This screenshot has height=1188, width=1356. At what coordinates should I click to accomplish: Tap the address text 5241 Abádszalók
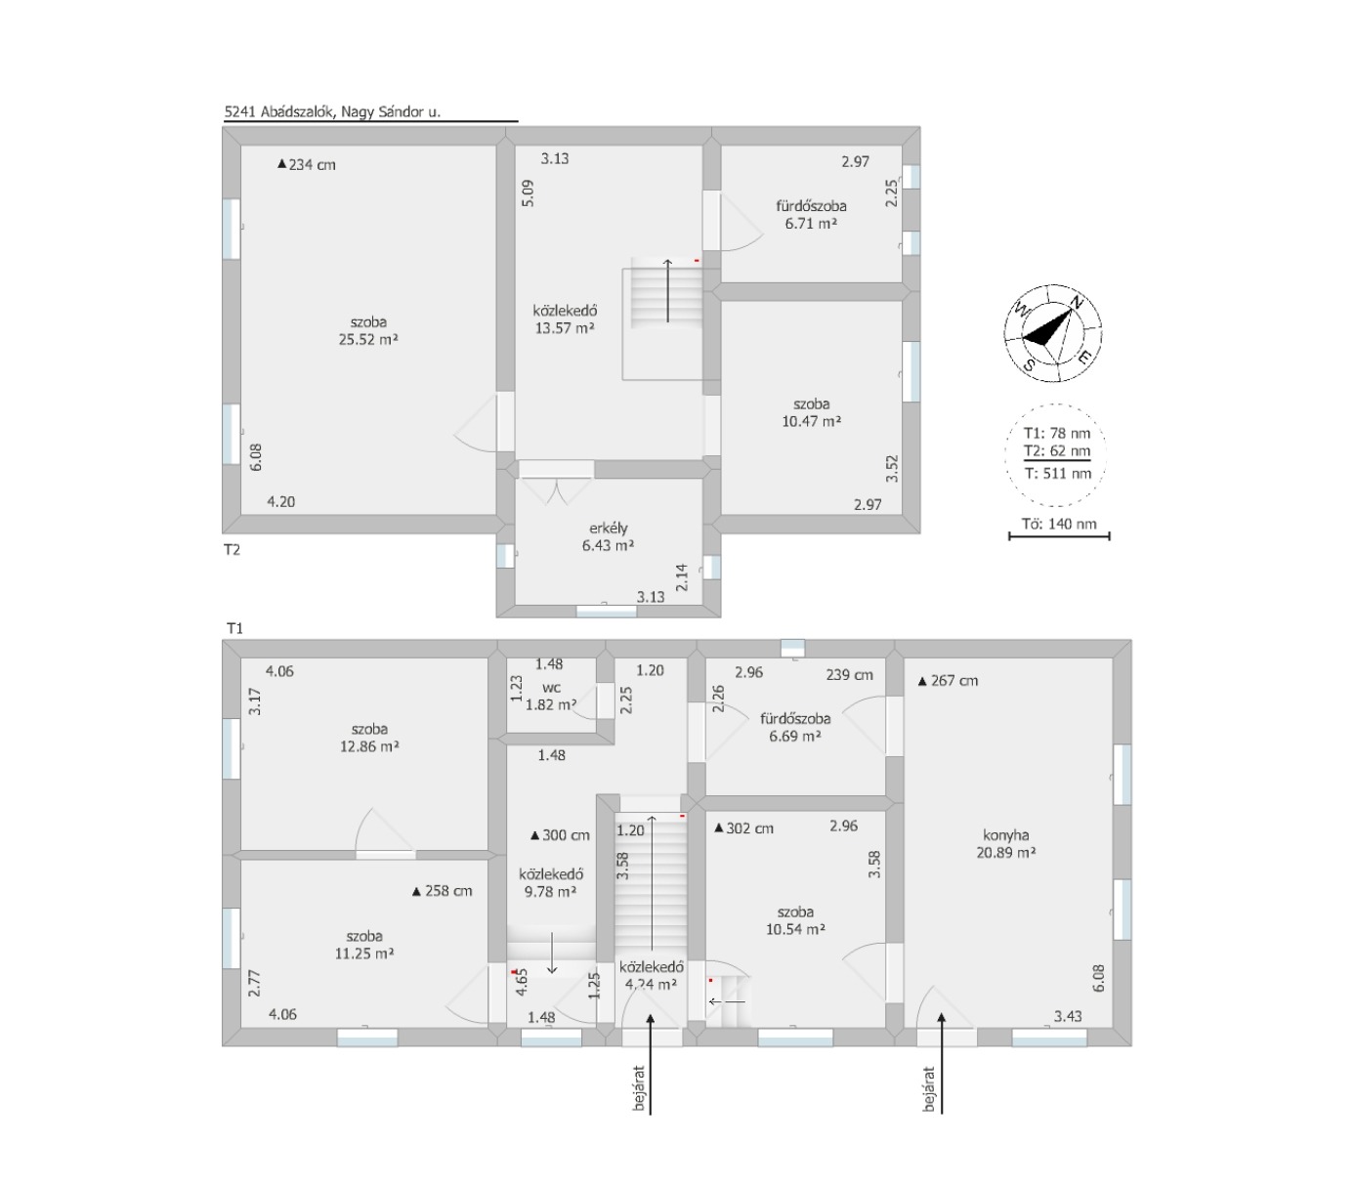(278, 111)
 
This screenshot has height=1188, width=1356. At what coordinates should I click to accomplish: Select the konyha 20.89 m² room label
(1006, 843)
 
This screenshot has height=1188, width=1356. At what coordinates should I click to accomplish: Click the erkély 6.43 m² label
(608, 536)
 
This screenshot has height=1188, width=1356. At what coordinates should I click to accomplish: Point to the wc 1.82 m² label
(551, 696)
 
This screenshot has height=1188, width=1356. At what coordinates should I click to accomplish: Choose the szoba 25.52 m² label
(368, 330)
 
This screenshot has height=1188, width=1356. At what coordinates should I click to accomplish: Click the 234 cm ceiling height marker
(307, 165)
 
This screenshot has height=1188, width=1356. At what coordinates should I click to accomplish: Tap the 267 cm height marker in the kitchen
(948, 681)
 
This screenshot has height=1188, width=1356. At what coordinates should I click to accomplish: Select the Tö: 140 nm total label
(1059, 524)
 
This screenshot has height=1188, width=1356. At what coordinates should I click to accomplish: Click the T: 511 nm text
(1057, 473)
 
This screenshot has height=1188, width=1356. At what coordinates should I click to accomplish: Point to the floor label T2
(232, 549)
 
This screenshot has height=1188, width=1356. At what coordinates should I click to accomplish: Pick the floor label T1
(234, 628)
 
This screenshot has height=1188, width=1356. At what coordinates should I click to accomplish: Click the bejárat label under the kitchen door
(928, 1089)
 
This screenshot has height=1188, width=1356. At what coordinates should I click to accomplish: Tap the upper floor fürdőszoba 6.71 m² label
(811, 214)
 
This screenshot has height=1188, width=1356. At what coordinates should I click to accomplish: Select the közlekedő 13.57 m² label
(565, 319)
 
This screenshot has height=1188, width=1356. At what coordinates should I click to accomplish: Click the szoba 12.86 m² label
(369, 737)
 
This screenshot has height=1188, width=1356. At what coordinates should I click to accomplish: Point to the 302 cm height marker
(743, 827)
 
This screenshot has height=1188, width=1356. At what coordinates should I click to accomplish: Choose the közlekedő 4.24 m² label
(652, 975)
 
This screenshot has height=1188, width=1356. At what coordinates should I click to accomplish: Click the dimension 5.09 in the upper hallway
(529, 193)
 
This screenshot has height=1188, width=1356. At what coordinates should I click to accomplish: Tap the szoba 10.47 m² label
(811, 412)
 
